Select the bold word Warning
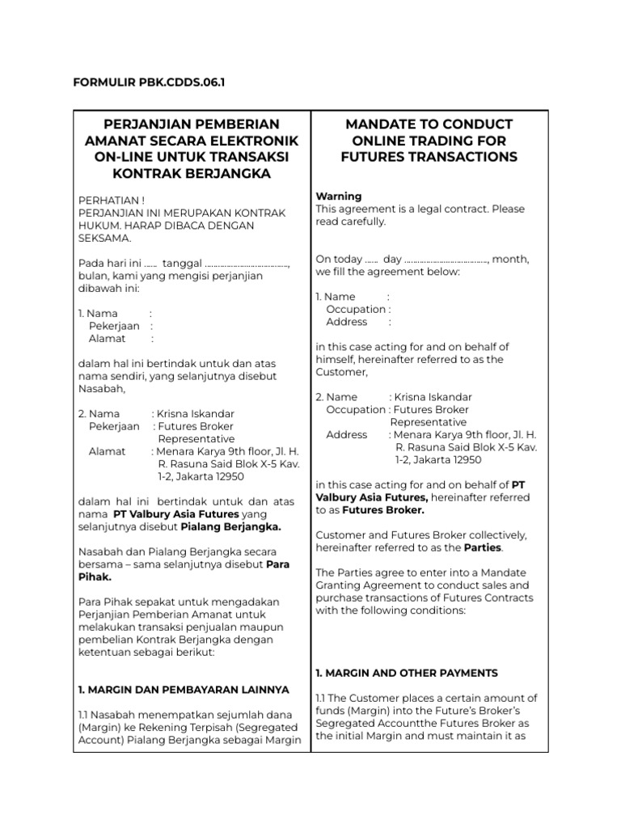pos(338,196)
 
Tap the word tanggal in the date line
pos(181,263)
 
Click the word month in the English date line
pos(510,259)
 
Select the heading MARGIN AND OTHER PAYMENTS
pos(406,673)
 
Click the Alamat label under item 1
pos(107,339)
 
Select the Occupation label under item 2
pos(356,409)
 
